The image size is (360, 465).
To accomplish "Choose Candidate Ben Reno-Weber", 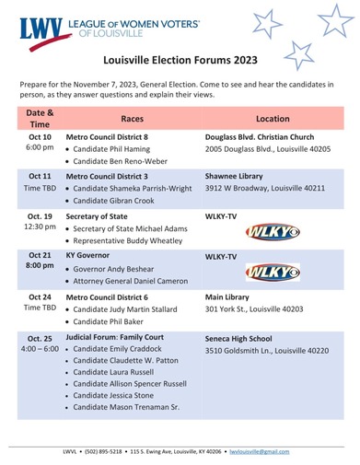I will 127,160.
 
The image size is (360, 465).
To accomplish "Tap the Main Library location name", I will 230,297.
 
